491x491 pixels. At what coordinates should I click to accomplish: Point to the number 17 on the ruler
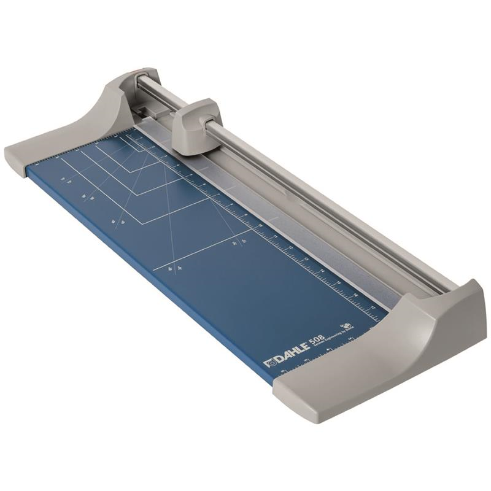pyautogui.click(x=373, y=307)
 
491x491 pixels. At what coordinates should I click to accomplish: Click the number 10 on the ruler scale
pyautogui.click(x=260, y=225)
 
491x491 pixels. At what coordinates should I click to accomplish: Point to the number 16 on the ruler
pyautogui.click(x=355, y=295)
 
